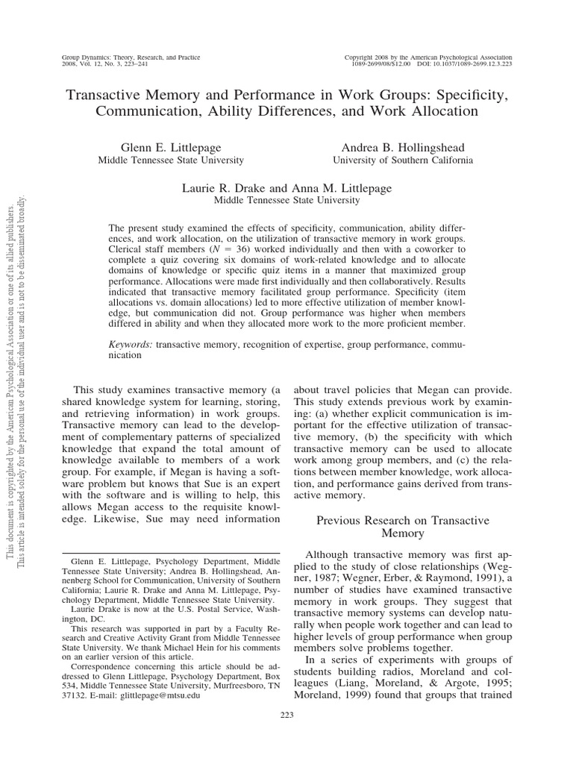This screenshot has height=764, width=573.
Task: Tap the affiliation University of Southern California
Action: (x=403, y=160)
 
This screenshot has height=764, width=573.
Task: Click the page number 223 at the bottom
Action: (x=286, y=715)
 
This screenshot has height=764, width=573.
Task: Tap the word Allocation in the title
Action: (x=436, y=112)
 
